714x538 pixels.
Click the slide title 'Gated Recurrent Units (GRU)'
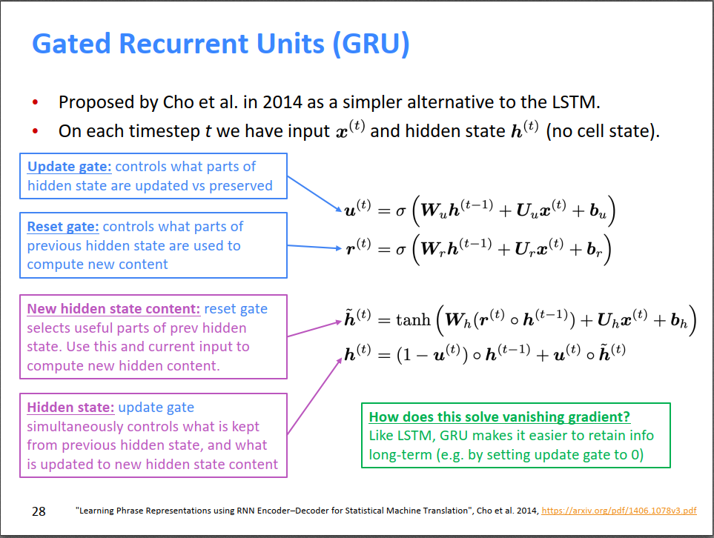point(221,44)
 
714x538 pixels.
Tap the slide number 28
point(39,511)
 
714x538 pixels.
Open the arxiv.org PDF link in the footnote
point(619,511)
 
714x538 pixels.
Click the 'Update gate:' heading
point(69,167)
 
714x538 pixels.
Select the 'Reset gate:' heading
point(63,227)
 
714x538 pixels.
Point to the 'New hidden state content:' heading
point(113,308)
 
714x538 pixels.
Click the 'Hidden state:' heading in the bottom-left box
point(70,407)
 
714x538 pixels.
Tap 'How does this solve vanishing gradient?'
point(500,417)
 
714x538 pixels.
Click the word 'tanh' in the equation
point(413,319)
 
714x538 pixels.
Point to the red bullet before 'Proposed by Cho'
point(35,102)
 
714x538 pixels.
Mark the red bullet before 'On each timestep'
point(35,132)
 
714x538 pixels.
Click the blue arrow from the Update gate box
point(314,194)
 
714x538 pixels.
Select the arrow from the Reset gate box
point(314,247)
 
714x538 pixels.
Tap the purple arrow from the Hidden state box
point(314,396)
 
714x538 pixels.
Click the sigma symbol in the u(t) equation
point(400,212)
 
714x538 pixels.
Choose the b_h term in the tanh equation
point(679,321)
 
